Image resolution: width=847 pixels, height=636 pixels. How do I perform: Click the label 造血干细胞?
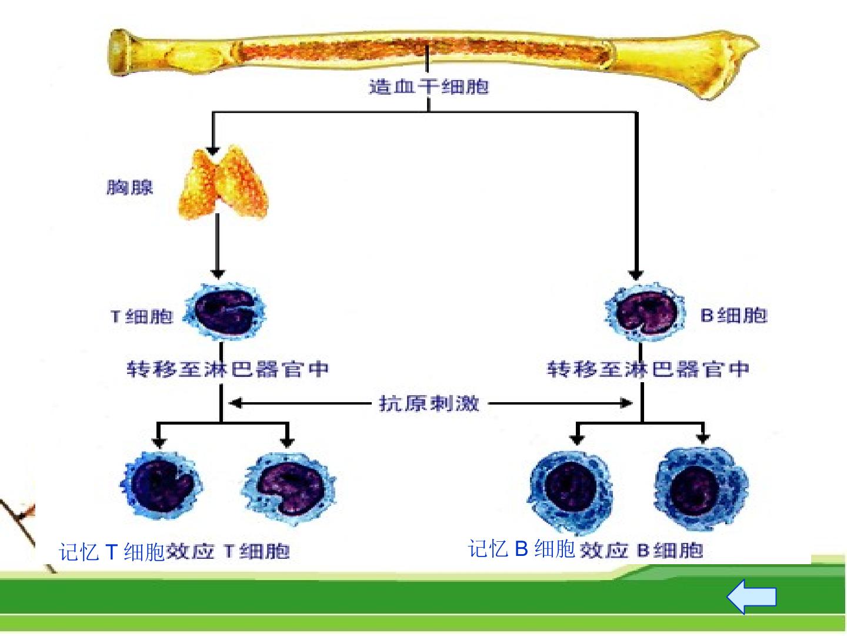pos(429,86)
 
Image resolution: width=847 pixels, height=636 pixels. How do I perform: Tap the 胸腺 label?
pos(129,188)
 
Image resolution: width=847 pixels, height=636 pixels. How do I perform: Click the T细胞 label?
pos(141,317)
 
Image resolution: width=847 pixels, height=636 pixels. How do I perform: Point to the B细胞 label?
pos(733,316)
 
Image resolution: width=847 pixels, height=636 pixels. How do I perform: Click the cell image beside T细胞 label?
pos(225,312)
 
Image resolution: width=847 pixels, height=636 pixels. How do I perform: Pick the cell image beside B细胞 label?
pos(645,312)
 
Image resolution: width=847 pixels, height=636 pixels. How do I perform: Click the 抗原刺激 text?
pos(429,403)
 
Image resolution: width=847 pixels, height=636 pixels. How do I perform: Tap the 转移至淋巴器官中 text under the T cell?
pos(228,369)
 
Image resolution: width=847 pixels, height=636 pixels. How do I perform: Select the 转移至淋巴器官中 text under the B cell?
pos(648,369)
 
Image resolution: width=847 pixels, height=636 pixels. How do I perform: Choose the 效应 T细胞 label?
pos(228,551)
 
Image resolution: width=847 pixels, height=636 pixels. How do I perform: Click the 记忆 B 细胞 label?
pos(522,549)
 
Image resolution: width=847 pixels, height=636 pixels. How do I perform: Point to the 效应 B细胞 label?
pos(641,550)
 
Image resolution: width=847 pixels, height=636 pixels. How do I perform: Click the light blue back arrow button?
pos(751,597)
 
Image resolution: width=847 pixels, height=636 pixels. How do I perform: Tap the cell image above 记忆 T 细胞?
pos(161,485)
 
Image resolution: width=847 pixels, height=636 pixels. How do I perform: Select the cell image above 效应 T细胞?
pos(289,489)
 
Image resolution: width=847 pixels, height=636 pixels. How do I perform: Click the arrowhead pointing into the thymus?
pos(212,151)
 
